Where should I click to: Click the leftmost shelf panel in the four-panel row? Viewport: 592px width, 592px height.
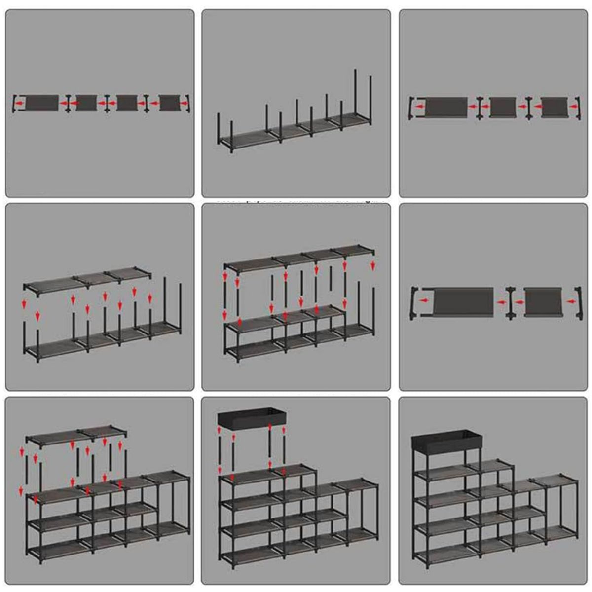pos(41,103)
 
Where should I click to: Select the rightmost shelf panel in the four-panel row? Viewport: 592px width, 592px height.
pos(170,103)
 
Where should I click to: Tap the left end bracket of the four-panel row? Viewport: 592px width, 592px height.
pos(15,104)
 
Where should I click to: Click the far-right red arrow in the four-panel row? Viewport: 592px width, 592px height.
pos(185,104)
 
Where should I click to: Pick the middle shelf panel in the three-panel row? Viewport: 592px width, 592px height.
pos(503,107)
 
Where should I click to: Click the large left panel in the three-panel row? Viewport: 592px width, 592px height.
pos(446,108)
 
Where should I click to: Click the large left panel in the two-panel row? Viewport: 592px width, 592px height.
pos(463,301)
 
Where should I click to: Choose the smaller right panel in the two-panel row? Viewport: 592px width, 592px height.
pos(543,301)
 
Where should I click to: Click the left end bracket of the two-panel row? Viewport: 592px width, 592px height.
pos(415,300)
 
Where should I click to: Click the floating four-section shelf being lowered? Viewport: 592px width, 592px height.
pos(296,257)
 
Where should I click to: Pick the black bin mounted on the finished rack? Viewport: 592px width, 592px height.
pos(446,440)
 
